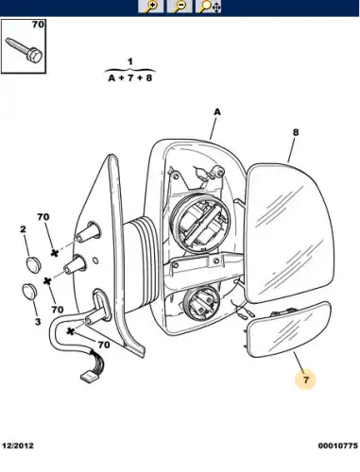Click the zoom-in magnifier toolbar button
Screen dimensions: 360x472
[x=151, y=6]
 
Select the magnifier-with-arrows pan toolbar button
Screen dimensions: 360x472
[x=208, y=6]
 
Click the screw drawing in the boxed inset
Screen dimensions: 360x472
[x=24, y=50]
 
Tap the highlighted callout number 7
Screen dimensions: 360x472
[x=306, y=379]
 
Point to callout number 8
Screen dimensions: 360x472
[x=295, y=132]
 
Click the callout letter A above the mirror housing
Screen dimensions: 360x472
[x=217, y=111]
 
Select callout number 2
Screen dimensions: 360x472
[x=23, y=229]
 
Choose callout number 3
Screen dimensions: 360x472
[x=38, y=322]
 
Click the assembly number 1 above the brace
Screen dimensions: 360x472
[x=130, y=61]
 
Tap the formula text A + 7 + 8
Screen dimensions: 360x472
[x=130, y=77]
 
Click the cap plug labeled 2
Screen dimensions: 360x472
[x=33, y=264]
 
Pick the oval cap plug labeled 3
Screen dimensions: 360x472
[x=29, y=292]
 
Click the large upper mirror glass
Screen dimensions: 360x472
[x=289, y=233]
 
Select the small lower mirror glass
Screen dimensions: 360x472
[x=289, y=329]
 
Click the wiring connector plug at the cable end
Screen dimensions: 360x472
[x=89, y=376]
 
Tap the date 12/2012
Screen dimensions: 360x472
[x=18, y=446]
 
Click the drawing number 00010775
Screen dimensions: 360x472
[x=337, y=446]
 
